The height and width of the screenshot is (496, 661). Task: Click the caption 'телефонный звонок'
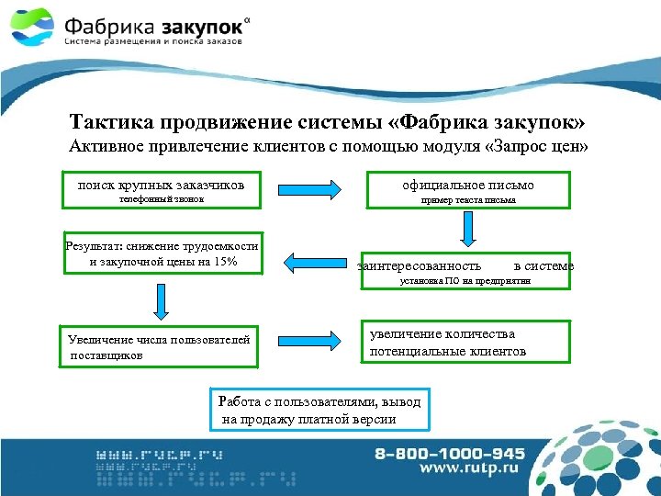tap(160, 199)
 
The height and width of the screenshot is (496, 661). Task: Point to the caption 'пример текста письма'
tap(468, 199)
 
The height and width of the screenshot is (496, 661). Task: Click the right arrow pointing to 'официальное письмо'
tap(313, 188)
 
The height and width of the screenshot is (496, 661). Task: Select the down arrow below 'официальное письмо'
tap(467, 231)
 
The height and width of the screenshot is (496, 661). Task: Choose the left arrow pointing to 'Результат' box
tap(313, 260)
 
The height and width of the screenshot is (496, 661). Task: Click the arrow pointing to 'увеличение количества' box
tap(313, 342)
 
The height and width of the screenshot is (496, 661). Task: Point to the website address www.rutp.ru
tap(468, 469)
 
